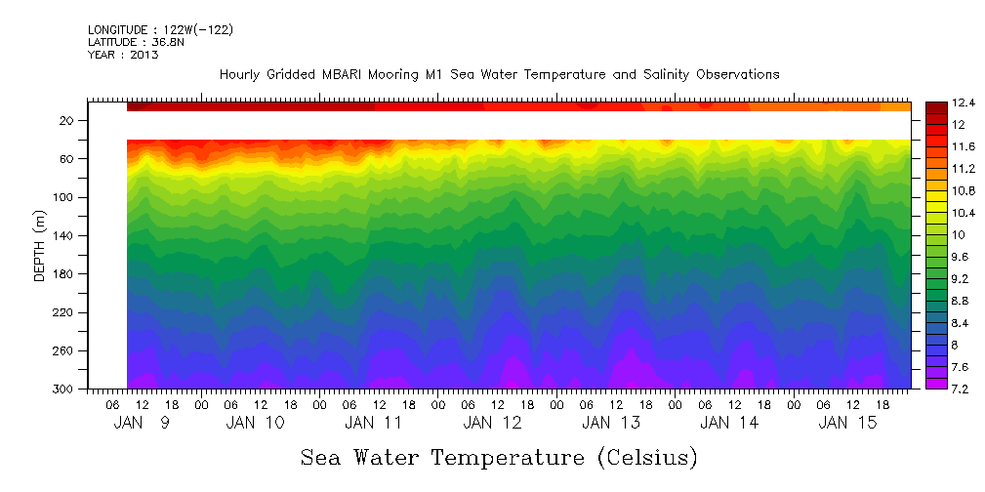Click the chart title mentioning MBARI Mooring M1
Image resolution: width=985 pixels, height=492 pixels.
click(x=499, y=75)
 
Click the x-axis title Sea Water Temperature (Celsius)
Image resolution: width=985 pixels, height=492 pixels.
click(x=499, y=458)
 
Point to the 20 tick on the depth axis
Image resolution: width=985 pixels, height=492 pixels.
click(x=67, y=121)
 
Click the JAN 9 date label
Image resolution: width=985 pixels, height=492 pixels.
click(x=142, y=424)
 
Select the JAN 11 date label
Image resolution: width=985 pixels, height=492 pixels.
click(x=374, y=424)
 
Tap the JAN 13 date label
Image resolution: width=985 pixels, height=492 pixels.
click(x=610, y=424)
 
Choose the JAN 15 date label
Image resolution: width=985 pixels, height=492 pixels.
click(x=846, y=424)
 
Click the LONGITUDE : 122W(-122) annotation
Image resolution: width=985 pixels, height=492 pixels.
click(x=160, y=30)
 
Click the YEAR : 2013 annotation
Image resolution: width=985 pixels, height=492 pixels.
click(x=123, y=55)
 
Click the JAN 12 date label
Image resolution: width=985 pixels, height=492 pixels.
click(x=492, y=424)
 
